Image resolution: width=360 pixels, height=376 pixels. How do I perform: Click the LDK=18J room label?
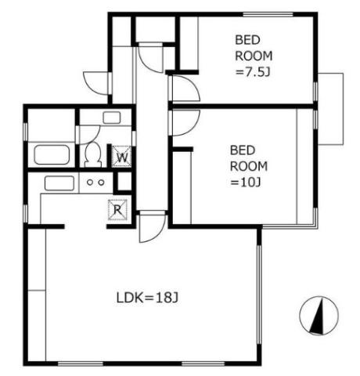147,298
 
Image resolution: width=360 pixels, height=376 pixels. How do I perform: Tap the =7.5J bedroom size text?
253,72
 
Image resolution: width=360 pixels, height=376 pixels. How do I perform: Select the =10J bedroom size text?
246,183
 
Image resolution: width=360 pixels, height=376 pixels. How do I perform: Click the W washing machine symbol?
121,157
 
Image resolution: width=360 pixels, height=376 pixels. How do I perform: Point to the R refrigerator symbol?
117,210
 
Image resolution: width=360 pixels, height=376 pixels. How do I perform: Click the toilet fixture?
93,155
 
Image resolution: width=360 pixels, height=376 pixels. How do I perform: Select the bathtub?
52,155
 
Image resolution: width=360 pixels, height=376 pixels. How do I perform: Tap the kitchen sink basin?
59,183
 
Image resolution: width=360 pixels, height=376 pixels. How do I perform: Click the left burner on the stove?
90,183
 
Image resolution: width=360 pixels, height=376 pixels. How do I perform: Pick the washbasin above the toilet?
112,117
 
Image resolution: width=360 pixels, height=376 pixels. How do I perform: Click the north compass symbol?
319,316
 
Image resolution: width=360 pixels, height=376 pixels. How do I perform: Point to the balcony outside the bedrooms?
330,109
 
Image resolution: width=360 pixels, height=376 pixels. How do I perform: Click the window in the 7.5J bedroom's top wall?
268,14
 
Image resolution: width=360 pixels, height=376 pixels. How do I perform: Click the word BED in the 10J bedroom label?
243,150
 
